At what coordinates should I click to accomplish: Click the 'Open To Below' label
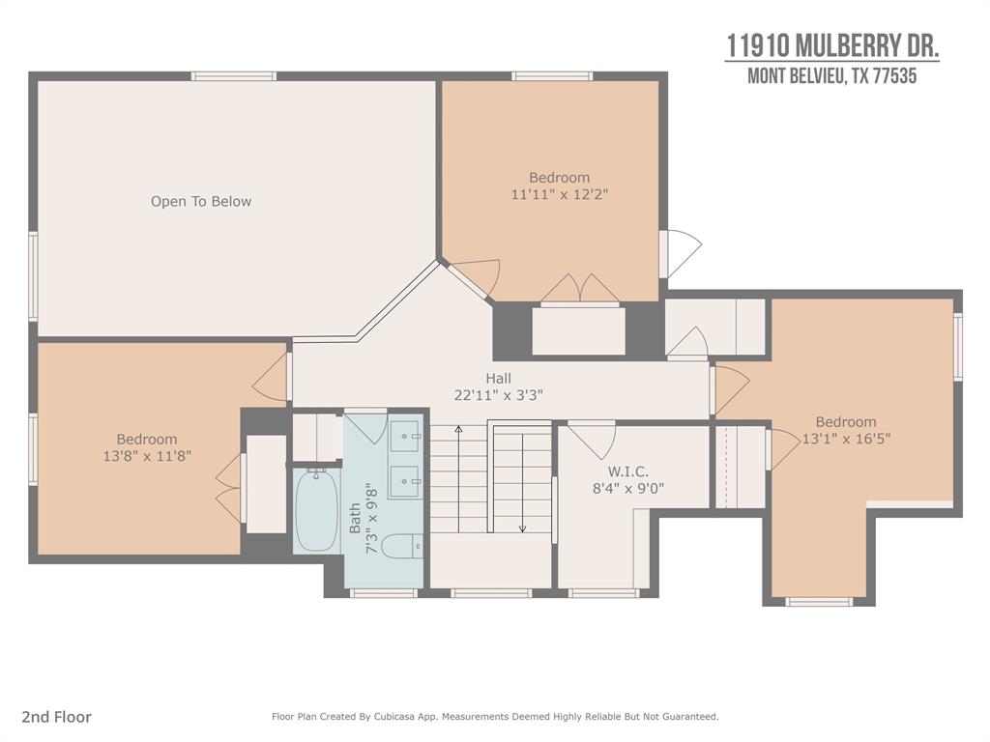(x=201, y=201)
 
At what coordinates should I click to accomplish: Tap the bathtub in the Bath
(x=317, y=510)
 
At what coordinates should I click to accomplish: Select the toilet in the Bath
(x=402, y=547)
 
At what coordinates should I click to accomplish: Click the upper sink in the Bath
(x=404, y=436)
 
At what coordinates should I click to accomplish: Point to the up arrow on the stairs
(x=459, y=479)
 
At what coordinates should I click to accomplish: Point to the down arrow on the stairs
(x=522, y=479)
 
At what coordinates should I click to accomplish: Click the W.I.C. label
(x=627, y=471)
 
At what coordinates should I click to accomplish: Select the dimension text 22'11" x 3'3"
(x=498, y=395)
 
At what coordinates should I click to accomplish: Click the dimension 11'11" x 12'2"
(x=559, y=194)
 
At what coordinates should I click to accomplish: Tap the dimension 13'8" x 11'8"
(x=147, y=456)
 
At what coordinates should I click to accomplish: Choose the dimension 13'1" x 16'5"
(x=846, y=439)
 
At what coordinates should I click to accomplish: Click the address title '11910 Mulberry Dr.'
(x=832, y=46)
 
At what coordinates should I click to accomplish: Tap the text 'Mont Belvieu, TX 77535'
(x=832, y=76)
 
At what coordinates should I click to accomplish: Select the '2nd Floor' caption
(x=56, y=717)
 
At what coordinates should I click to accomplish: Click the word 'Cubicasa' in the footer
(x=397, y=717)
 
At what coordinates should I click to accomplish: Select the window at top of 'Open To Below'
(x=234, y=76)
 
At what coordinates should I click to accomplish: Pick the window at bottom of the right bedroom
(x=819, y=601)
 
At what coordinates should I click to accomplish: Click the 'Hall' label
(x=498, y=379)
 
